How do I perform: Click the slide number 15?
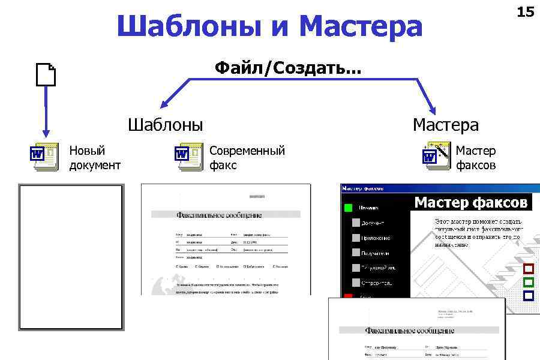[x=525, y=12]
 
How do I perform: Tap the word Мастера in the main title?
[x=361, y=26]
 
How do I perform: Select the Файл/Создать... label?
[x=288, y=68]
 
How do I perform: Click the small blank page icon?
[x=46, y=76]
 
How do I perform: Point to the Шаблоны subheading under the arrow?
[x=166, y=125]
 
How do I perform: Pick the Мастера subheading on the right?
[x=446, y=125]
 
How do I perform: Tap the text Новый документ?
[x=95, y=157]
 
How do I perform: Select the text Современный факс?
[x=247, y=157]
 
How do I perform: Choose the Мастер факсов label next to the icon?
[x=476, y=157]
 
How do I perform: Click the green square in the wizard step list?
[x=348, y=209]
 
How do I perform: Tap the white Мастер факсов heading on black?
[x=471, y=202]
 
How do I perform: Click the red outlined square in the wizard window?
[x=529, y=269]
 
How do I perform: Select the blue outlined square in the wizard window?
[x=529, y=295]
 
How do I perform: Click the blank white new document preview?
[x=71, y=257]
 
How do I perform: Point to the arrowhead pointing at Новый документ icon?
[x=44, y=133]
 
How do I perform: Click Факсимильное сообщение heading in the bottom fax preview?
[x=409, y=330]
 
